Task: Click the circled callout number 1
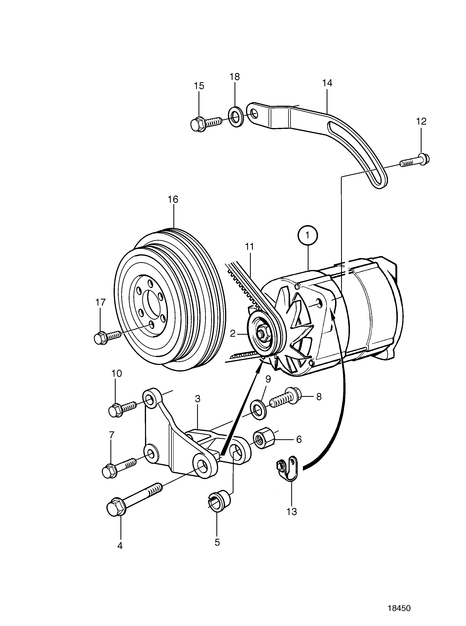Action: point(308,235)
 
